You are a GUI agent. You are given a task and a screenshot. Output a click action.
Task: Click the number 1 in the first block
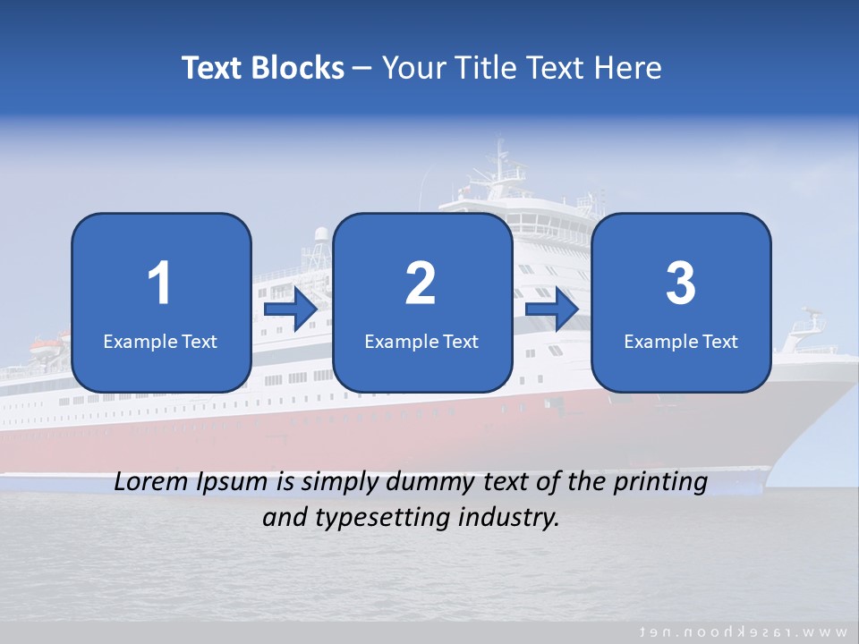(x=159, y=284)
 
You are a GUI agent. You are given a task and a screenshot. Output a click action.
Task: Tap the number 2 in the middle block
(x=421, y=284)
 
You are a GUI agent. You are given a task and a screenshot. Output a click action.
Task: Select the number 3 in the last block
(x=681, y=284)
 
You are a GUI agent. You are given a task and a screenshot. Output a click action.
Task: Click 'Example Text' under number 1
(x=160, y=341)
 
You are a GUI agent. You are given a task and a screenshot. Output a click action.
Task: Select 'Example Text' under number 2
(x=421, y=341)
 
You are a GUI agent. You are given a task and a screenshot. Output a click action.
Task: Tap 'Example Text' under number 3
(x=681, y=341)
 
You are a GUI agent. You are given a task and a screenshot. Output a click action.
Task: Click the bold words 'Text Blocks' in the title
(x=263, y=68)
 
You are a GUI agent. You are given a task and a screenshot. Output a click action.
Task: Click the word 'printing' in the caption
(x=661, y=483)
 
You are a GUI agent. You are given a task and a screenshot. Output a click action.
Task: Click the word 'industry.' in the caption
(x=515, y=517)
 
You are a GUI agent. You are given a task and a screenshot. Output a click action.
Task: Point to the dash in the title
(x=363, y=69)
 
